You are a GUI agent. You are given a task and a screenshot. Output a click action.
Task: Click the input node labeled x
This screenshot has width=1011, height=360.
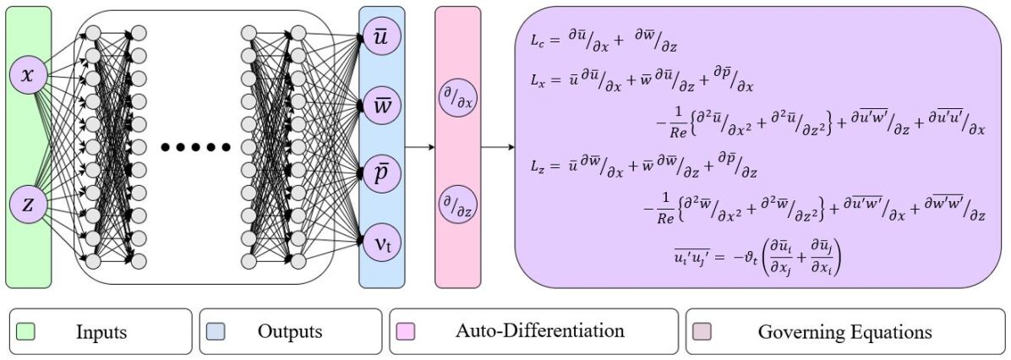click(x=28, y=76)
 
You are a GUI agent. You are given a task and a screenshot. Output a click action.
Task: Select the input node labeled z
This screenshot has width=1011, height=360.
click(x=28, y=205)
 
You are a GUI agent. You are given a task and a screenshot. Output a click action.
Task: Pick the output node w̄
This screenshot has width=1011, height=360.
click(x=382, y=106)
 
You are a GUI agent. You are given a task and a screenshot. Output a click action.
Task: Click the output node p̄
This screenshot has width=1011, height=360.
click(x=382, y=174)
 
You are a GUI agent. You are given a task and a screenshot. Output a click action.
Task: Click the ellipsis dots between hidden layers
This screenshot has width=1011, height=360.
click(x=195, y=148)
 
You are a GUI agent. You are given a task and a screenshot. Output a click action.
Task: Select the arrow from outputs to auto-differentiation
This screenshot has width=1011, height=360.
click(x=419, y=148)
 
